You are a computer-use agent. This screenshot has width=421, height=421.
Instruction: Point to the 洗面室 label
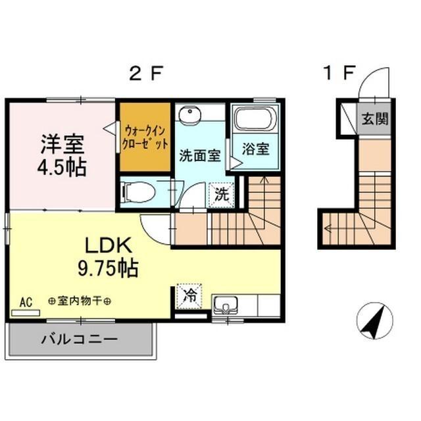pyautogui.click(x=199, y=156)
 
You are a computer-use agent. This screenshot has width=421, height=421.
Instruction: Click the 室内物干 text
pyautogui.click(x=80, y=301)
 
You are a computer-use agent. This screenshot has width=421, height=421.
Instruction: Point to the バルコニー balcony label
pyautogui.click(x=80, y=340)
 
